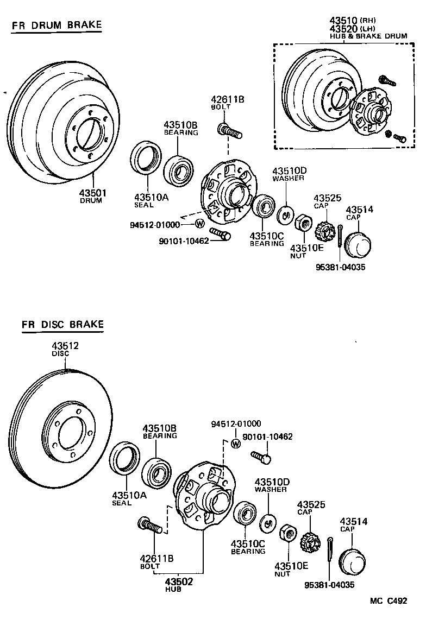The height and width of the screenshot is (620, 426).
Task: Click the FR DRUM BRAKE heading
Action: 57,25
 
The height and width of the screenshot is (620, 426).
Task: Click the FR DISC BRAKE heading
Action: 62,325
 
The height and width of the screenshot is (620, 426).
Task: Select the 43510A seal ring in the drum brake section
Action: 146,157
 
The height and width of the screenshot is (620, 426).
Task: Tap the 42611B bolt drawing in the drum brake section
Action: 229,131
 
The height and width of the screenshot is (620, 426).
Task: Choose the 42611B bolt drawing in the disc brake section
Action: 151,525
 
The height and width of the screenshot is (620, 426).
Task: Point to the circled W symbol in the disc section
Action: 235,443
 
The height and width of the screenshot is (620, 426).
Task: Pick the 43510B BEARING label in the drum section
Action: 181,128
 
